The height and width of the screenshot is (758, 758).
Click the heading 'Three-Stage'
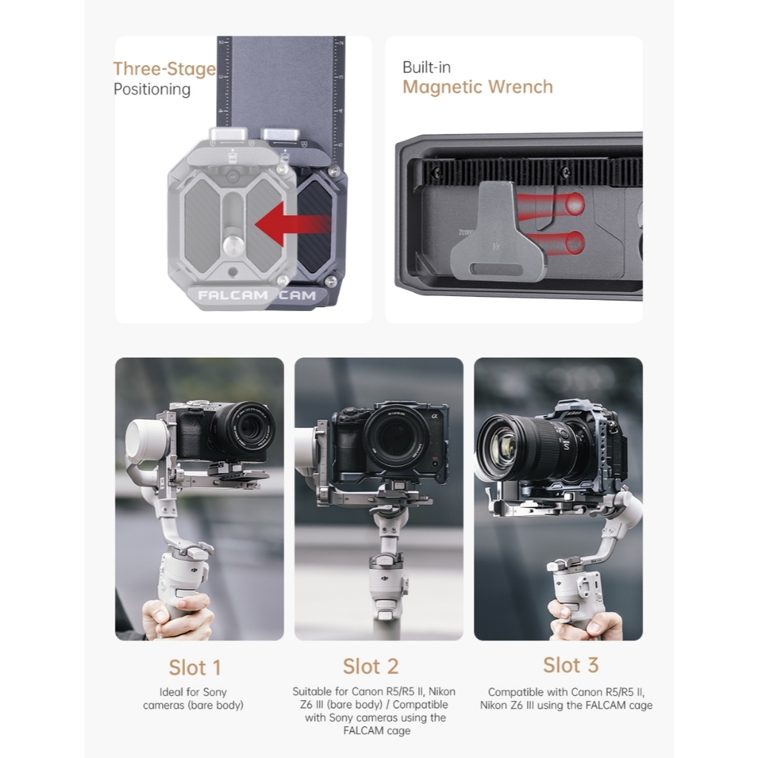coord(164,69)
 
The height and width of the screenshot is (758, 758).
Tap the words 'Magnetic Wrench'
coord(477,87)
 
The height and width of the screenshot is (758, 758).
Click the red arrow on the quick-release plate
coord(292,224)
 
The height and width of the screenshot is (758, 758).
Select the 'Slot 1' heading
coord(195,668)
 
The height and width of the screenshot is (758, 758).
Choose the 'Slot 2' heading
coord(371,667)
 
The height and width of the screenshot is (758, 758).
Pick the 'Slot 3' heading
coord(571,665)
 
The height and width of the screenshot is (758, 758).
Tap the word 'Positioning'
coord(152,90)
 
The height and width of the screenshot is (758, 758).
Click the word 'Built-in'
coord(426,67)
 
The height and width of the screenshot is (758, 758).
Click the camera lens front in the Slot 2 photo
coord(395,437)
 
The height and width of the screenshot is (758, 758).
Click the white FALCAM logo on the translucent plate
coord(233,295)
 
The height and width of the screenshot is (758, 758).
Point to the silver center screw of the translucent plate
coord(233,245)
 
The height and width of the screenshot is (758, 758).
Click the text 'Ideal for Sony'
coord(193,692)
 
